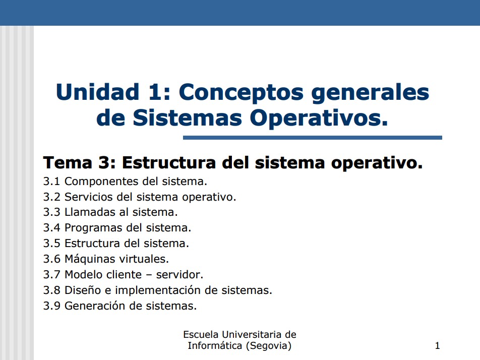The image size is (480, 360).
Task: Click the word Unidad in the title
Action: [98, 92]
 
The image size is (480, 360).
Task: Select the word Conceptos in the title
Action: [241, 93]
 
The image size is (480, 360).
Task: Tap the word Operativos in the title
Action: [319, 118]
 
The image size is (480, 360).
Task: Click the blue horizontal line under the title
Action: [313, 138]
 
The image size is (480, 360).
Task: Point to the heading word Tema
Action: [68, 162]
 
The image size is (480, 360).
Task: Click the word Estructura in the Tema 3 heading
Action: [169, 162]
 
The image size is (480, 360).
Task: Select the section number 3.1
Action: [51, 182]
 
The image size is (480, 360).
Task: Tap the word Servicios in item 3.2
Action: [88, 197]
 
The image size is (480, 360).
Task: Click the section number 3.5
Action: [51, 244]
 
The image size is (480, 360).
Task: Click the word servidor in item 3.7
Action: [179, 275]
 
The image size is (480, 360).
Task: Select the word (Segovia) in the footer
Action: [269, 346]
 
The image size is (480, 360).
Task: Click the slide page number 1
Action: [438, 346]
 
